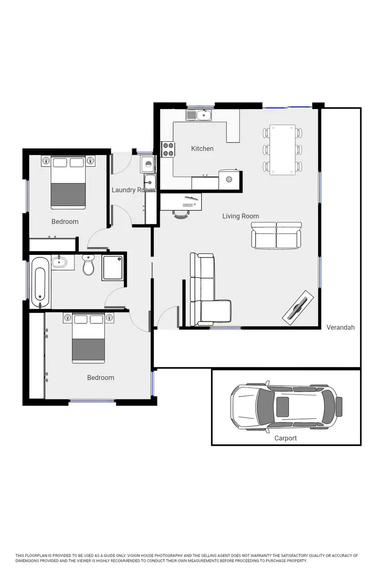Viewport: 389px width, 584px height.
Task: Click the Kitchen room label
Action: [202, 148]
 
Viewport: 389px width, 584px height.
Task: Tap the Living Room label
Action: [241, 216]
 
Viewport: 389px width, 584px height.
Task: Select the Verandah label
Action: [341, 328]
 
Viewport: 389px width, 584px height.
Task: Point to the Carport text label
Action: [285, 438]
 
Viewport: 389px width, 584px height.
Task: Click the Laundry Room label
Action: [133, 190]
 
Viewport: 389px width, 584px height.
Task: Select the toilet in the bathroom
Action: [88, 265]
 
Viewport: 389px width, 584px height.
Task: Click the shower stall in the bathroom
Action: [113, 266]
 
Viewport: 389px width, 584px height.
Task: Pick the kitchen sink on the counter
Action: [199, 114]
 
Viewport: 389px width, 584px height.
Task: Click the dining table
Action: [282, 149]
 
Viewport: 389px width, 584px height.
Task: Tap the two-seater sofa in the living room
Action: [276, 235]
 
